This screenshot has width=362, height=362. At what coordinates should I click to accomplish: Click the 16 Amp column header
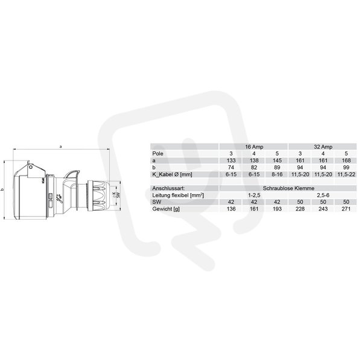coord(254,147)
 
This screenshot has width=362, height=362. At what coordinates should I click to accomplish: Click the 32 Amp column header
coord(323,147)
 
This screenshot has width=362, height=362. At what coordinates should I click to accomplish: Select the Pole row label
coord(157,153)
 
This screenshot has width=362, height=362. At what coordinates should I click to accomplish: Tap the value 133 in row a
coord(231,160)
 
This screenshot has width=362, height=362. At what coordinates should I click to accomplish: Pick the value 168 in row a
coord(346,160)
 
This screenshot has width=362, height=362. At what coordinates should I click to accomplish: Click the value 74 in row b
coord(231,167)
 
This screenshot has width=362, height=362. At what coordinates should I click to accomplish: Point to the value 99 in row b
coord(346,167)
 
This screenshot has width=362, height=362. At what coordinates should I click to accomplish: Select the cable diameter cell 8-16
coord(277,174)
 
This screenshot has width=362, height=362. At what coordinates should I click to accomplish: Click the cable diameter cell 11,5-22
coord(346,174)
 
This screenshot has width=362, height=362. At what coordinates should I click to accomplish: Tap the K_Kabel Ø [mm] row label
coord(172,174)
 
